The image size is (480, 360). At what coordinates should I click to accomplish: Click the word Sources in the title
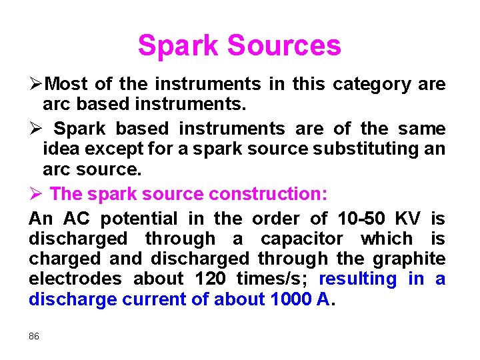(283, 46)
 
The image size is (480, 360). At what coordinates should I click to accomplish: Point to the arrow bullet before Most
(37, 85)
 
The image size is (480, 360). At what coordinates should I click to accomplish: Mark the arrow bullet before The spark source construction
(37, 194)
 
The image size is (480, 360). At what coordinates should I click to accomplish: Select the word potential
(141, 219)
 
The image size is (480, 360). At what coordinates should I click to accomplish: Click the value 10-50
(362, 219)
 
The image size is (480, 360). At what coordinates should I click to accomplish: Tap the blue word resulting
(358, 279)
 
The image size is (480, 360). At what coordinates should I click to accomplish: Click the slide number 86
(34, 337)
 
